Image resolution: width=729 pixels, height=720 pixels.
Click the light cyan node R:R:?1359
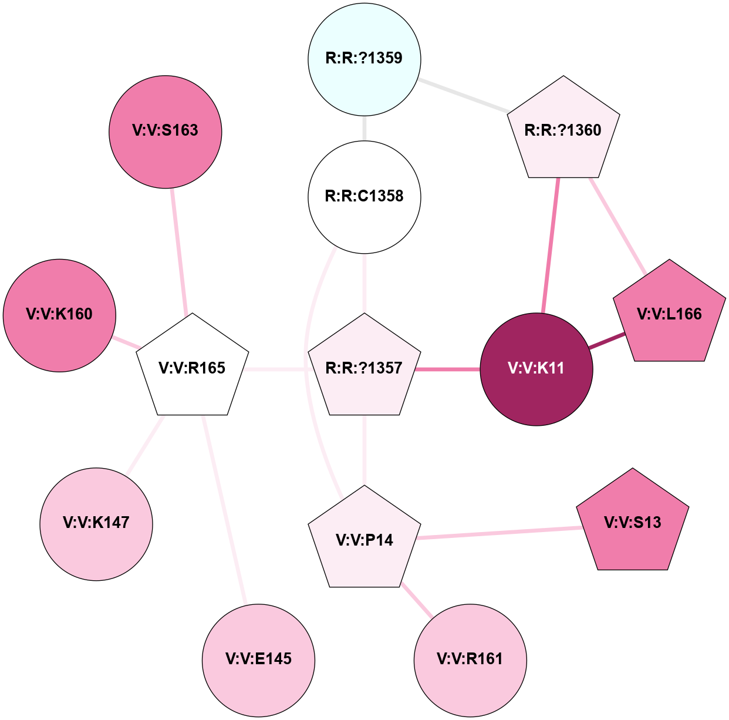[365, 59]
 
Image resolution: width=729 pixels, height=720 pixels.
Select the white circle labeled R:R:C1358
[365, 197]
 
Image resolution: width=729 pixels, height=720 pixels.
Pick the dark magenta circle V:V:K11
[536, 369]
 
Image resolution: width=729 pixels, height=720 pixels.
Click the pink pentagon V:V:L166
[669, 314]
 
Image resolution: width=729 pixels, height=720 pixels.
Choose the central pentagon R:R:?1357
[365, 368]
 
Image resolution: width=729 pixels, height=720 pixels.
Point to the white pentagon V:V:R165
[193, 368]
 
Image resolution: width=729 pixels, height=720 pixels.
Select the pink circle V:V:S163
[166, 132]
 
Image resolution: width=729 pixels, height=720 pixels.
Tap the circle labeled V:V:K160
[60, 315]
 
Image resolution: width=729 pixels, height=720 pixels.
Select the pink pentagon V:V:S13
[633, 523]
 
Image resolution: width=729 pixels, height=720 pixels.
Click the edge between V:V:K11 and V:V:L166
[607, 341]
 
